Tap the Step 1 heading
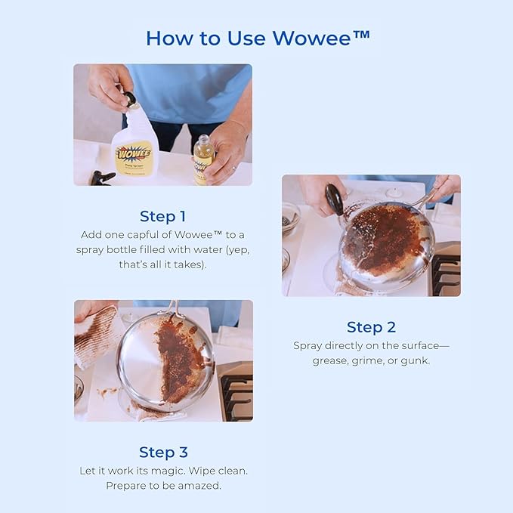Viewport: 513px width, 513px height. (162, 216)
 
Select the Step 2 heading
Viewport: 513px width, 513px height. (371, 327)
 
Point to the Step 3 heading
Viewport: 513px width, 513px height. (162, 452)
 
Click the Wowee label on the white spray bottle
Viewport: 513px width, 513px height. (134, 152)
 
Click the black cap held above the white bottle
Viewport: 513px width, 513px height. (130, 98)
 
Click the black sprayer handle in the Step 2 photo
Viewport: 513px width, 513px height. (334, 200)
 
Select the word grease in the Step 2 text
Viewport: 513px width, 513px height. (329, 360)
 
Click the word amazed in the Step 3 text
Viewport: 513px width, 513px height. (201, 485)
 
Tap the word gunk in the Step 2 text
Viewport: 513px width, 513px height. (416, 360)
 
